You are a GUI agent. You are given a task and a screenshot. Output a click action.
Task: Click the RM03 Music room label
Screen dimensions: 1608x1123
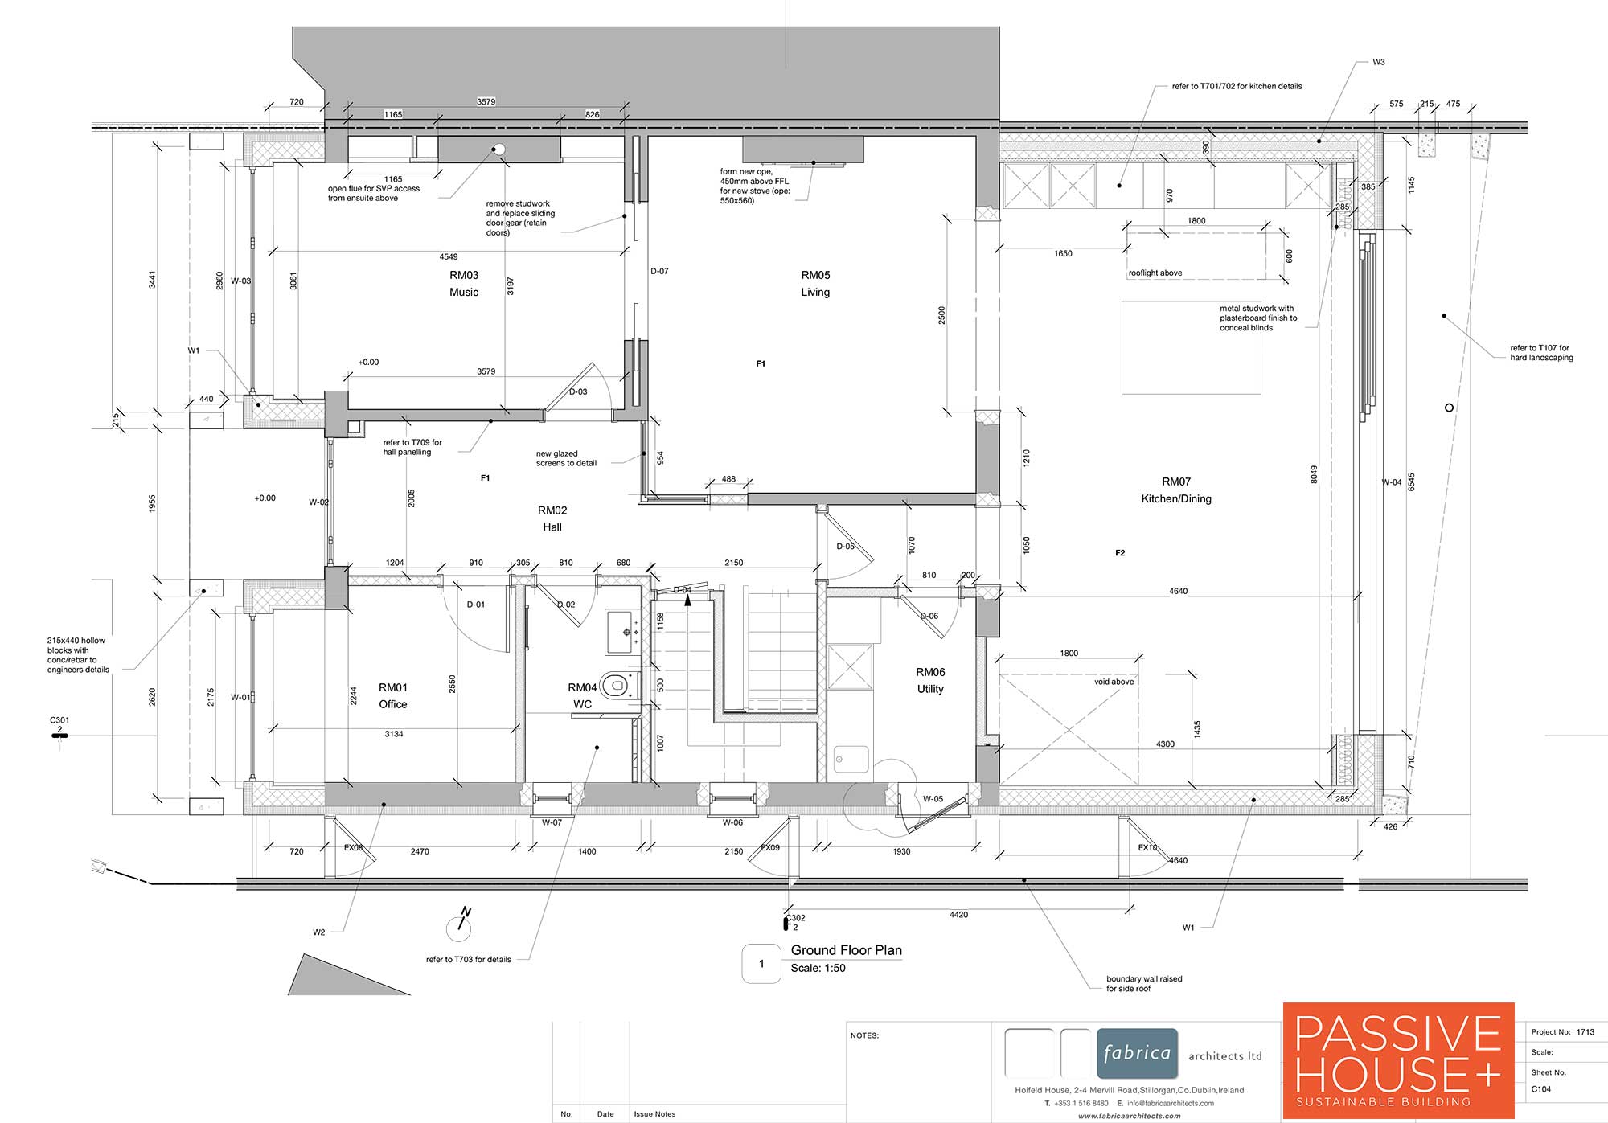[x=464, y=284]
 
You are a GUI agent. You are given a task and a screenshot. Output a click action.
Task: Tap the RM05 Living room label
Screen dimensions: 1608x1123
[x=815, y=284]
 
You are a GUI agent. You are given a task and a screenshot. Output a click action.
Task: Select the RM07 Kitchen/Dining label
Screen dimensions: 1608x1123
[x=1176, y=490]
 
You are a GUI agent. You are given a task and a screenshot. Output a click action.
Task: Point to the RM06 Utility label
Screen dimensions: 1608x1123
[x=930, y=681]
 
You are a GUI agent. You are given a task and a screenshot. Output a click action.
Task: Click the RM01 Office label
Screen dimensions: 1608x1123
[x=393, y=696]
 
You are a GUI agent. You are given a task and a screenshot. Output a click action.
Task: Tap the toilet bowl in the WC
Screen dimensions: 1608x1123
[x=616, y=685]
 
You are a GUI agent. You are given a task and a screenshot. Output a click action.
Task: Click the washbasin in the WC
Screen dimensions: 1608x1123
[x=621, y=632]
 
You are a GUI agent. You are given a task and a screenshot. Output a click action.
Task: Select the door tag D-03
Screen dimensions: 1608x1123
[x=578, y=392]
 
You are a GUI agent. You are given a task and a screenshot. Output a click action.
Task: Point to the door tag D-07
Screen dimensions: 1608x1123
[x=659, y=272]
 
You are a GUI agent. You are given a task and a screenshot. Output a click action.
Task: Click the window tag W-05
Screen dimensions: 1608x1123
[x=933, y=799]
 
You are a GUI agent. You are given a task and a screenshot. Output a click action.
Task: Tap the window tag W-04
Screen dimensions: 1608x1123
[x=1392, y=482]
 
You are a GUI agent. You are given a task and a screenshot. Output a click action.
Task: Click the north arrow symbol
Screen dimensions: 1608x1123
[x=460, y=924]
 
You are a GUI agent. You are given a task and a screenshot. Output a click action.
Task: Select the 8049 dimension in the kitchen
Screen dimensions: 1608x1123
[x=1315, y=474]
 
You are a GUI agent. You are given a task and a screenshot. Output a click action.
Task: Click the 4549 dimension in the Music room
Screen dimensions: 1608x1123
[x=449, y=257]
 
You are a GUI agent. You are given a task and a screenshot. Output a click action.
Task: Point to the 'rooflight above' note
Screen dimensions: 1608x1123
[x=1155, y=273]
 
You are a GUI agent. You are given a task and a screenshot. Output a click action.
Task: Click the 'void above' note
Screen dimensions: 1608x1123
[x=1114, y=682]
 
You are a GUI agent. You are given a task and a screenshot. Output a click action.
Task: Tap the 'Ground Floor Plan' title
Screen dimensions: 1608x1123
[x=847, y=950]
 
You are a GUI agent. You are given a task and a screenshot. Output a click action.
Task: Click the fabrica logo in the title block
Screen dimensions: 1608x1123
[x=1137, y=1053]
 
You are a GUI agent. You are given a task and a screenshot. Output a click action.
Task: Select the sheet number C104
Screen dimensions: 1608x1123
[x=1541, y=1089]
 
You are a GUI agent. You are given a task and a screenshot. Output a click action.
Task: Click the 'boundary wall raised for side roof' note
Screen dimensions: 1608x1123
[x=1144, y=984]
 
